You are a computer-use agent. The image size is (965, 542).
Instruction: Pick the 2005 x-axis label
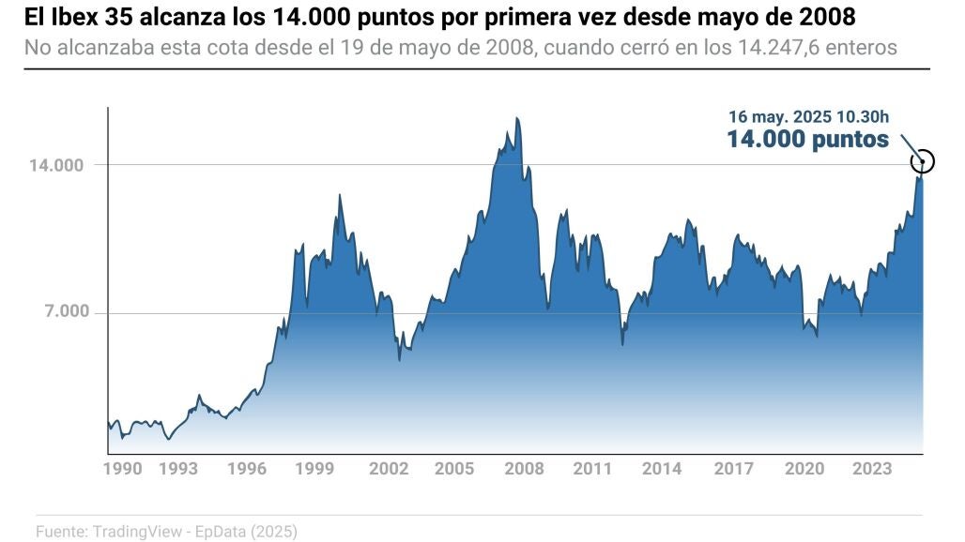click(x=454, y=468)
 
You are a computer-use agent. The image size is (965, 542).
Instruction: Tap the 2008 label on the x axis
click(x=524, y=468)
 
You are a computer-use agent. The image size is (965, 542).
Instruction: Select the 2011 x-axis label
click(x=593, y=468)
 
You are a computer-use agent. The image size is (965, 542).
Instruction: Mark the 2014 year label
click(x=663, y=468)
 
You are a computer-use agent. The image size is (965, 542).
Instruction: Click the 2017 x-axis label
click(x=733, y=468)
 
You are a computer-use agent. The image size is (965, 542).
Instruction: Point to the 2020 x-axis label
click(x=804, y=468)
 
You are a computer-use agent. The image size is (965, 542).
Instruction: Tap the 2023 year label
click(x=873, y=468)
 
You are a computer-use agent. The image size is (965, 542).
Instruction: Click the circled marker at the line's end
click(x=923, y=161)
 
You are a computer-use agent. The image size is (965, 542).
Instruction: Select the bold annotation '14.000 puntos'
click(x=807, y=140)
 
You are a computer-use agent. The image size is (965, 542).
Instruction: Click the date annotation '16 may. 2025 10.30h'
click(x=808, y=117)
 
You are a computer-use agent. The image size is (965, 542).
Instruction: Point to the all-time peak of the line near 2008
click(x=517, y=118)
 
